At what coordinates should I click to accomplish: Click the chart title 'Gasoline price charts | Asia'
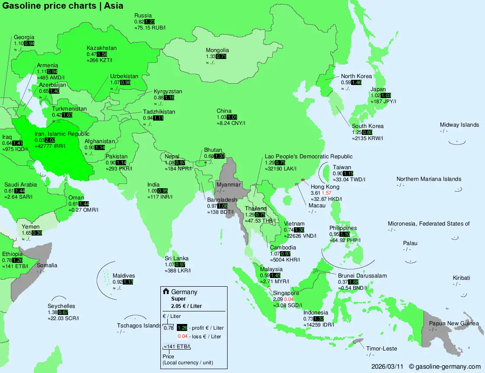63,6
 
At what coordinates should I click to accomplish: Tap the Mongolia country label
217,50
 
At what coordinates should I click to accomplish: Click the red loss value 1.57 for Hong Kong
326,193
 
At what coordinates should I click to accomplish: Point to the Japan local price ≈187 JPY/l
384,101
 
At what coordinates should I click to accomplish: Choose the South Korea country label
368,126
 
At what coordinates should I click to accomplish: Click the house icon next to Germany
166,291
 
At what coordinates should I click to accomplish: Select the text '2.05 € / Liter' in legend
186,306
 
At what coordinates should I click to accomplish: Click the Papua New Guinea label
454,324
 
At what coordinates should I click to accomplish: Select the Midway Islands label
459,125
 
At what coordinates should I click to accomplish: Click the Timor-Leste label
381,348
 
